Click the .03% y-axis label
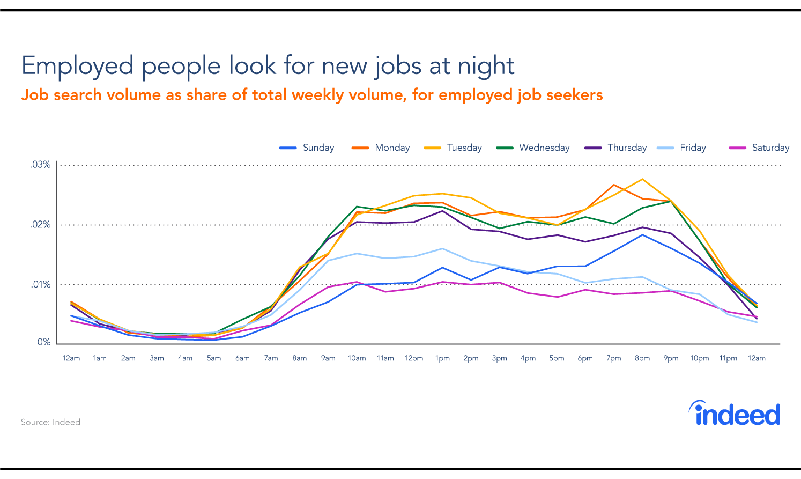[x=41, y=165]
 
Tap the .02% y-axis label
[x=41, y=225]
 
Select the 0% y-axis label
[x=44, y=342]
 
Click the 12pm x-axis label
[x=414, y=358]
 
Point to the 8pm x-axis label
[x=642, y=358]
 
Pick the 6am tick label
[x=242, y=358]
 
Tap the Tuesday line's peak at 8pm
[x=642, y=179]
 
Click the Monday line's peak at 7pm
[x=614, y=185]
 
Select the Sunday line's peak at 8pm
[x=642, y=235]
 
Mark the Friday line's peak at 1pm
[x=442, y=248]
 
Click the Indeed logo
[x=735, y=414]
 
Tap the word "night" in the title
[x=486, y=66]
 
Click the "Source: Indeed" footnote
[x=50, y=422]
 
